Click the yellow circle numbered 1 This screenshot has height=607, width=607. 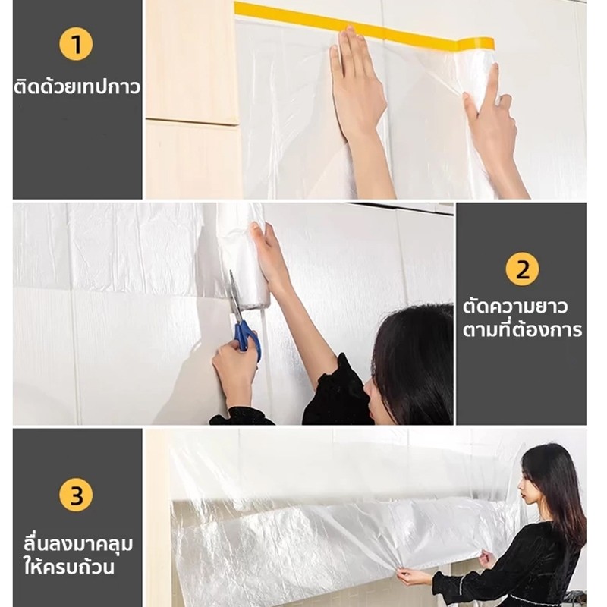pos(76,44)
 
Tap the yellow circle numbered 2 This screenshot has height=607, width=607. pos(522,269)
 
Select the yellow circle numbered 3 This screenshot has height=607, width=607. pos(76,495)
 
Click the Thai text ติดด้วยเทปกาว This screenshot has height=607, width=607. pos(77,86)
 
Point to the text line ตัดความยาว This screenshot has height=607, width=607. pos(515,307)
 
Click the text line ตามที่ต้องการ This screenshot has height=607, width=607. pos(522,329)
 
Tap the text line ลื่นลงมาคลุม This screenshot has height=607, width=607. pos(78,544)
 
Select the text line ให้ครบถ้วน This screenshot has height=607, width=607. pos(69,566)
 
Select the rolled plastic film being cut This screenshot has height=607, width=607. pos(242,255)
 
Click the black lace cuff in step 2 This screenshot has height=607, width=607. pos(336,390)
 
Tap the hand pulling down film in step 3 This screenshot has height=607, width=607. pos(409,577)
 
